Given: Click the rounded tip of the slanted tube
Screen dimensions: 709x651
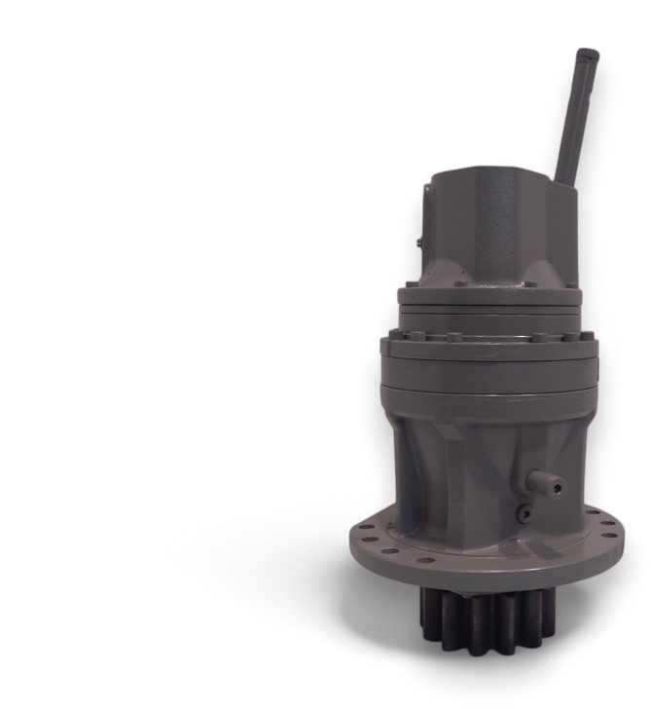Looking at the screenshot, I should [x=586, y=56].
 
